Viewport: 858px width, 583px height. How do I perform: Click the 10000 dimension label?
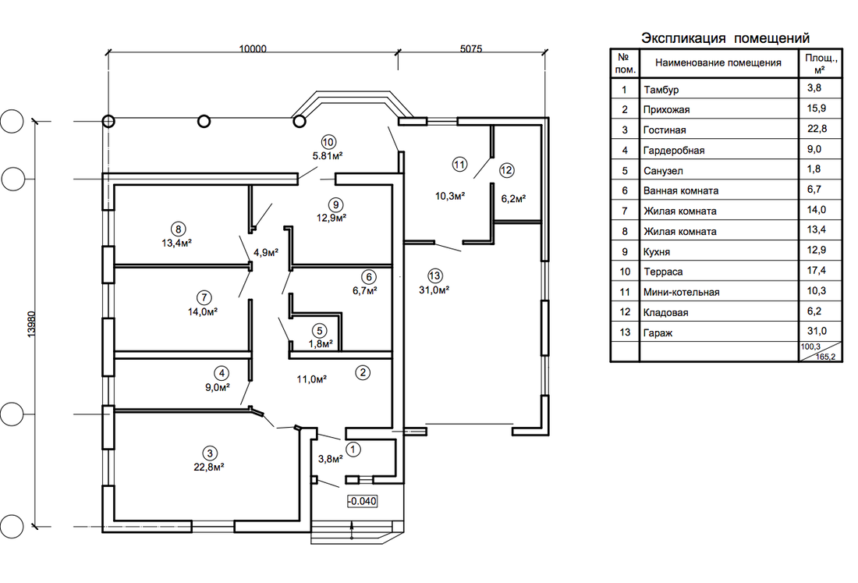(252, 48)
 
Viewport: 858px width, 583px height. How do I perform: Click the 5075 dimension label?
(471, 48)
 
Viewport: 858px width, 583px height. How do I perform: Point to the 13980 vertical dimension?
(31, 324)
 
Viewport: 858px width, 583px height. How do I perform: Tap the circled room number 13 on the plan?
(435, 276)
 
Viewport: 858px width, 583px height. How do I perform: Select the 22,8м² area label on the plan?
(208, 467)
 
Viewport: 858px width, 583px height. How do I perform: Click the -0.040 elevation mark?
(362, 501)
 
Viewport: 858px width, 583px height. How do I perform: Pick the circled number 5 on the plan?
(320, 331)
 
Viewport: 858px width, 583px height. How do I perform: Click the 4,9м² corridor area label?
(266, 252)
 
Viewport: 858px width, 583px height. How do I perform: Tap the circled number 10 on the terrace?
(328, 142)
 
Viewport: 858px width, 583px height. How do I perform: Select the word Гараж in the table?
(658, 332)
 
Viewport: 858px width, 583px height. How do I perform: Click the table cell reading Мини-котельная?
(681, 293)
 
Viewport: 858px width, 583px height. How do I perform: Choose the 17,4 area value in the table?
(816, 270)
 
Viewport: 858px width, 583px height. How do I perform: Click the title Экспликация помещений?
(725, 38)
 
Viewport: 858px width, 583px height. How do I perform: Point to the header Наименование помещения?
(718, 63)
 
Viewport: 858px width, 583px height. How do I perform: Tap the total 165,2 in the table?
(826, 357)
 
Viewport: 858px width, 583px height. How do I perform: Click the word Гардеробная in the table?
(674, 151)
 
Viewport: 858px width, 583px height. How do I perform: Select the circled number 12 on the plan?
(506, 170)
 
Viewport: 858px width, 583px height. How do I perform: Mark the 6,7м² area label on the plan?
(364, 290)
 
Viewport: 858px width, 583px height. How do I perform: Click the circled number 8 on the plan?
(178, 229)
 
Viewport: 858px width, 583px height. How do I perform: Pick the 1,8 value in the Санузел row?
(814, 169)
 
